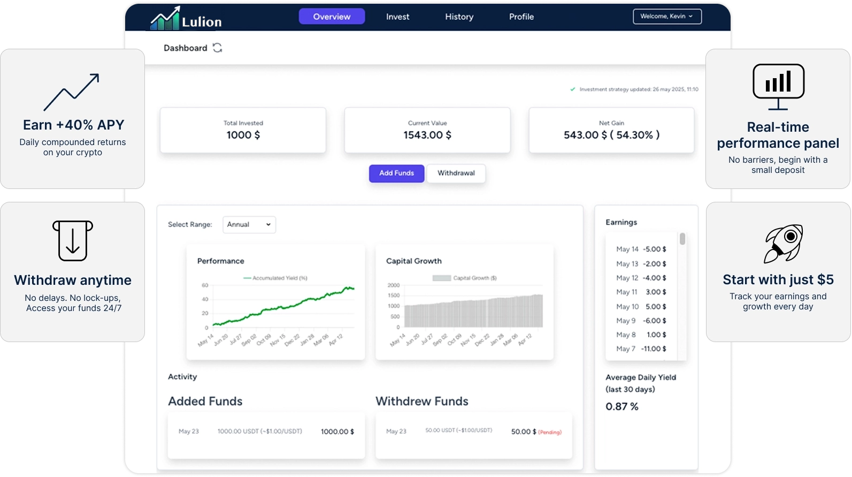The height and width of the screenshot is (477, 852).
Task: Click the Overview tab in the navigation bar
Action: tap(332, 17)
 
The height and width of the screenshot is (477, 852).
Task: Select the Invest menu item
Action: tap(397, 17)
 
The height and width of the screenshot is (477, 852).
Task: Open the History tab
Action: tap(459, 17)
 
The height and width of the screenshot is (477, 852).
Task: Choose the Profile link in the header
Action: tap(521, 17)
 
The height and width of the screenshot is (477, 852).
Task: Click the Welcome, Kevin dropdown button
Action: tap(667, 17)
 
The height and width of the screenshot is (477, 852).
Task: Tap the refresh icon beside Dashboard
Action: tap(217, 48)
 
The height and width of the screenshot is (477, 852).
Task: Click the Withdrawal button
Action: tap(456, 173)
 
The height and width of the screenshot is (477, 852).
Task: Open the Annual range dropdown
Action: tap(249, 224)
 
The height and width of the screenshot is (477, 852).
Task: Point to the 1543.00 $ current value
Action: tap(427, 135)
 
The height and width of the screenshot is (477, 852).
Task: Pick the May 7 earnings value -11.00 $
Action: tap(654, 349)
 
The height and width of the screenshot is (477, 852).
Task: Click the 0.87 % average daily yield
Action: tap(622, 406)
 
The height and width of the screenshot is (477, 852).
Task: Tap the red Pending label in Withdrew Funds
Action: tap(550, 432)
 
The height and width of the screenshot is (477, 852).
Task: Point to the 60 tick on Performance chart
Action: tap(205, 285)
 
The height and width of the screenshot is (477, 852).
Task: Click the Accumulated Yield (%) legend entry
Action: tap(275, 278)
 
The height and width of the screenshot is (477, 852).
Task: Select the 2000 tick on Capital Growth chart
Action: tap(394, 285)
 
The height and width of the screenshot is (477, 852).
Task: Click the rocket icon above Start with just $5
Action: tap(784, 243)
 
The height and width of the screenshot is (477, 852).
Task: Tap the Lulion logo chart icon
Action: tap(165, 19)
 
